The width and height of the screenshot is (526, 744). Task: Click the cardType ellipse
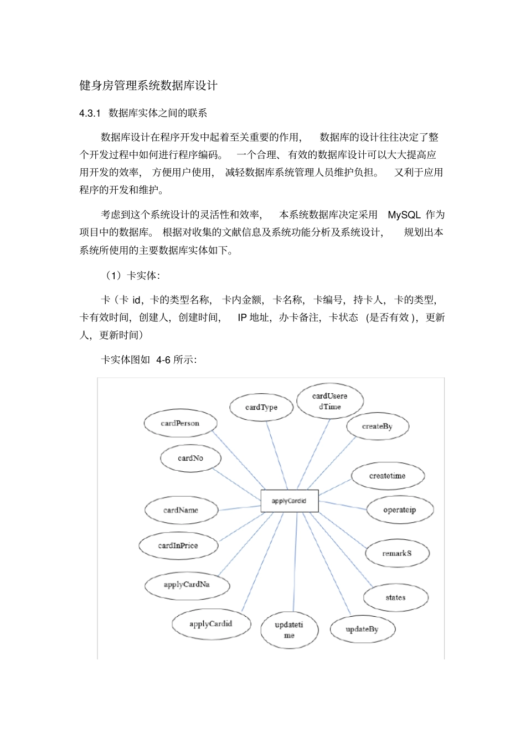(x=261, y=408)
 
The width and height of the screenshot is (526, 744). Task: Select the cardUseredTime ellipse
(x=329, y=401)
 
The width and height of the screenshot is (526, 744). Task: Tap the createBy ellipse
(x=377, y=426)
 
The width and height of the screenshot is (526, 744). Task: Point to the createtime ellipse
(x=388, y=476)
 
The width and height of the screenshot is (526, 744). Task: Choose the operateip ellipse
(x=399, y=510)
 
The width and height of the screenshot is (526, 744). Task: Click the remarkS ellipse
(x=397, y=553)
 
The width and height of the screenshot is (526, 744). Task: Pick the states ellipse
(x=395, y=597)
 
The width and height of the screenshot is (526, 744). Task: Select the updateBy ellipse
(x=362, y=629)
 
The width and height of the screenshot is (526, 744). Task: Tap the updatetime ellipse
(x=289, y=630)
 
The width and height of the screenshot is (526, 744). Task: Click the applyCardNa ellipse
(x=187, y=585)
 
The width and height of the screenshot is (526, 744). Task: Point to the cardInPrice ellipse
(x=178, y=546)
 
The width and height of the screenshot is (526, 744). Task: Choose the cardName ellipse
(x=181, y=510)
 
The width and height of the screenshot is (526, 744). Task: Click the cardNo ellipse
(x=190, y=459)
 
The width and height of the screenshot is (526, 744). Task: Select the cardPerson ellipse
(x=180, y=424)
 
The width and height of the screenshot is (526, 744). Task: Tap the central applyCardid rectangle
(x=289, y=501)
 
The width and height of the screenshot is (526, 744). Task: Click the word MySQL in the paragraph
(x=404, y=215)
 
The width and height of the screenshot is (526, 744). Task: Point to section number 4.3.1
(x=90, y=113)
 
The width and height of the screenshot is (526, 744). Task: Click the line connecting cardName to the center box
(x=239, y=507)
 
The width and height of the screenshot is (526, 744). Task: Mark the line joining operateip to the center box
(x=343, y=504)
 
